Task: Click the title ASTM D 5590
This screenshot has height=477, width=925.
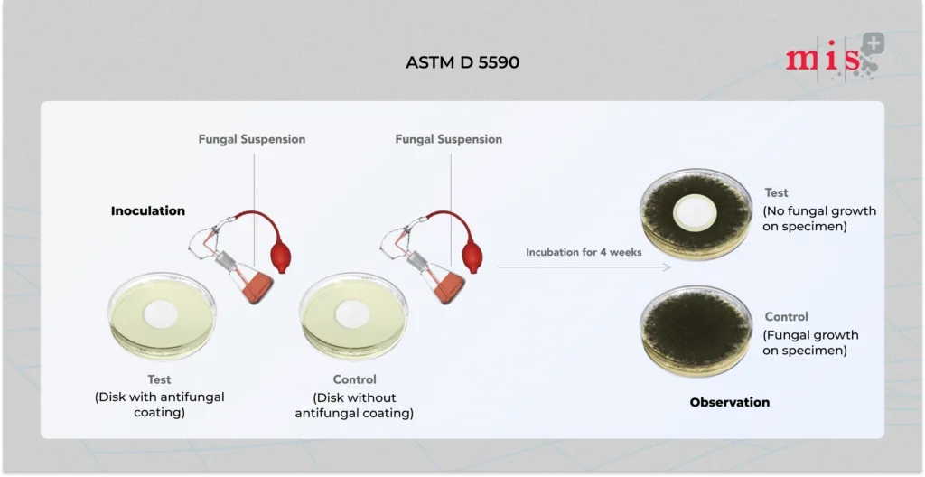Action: [x=462, y=62]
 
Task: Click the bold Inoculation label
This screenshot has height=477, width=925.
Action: [x=148, y=210]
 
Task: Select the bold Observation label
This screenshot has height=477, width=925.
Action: [x=730, y=402]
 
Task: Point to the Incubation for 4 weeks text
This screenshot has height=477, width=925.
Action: [x=584, y=252]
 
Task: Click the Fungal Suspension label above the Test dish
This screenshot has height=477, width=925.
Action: [x=252, y=139]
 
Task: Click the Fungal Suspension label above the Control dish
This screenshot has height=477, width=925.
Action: [x=449, y=139]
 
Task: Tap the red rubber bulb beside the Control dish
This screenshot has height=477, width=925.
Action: [x=472, y=257]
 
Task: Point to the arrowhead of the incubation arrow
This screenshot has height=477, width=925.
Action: [x=668, y=267]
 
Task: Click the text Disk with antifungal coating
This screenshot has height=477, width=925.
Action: [x=160, y=405]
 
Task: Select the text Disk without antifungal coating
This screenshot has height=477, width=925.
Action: [x=354, y=405]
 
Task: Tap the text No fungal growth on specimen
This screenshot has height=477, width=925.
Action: [x=819, y=219]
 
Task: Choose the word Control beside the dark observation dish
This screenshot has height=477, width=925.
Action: [x=786, y=317]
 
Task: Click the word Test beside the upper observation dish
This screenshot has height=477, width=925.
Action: [x=776, y=192]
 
